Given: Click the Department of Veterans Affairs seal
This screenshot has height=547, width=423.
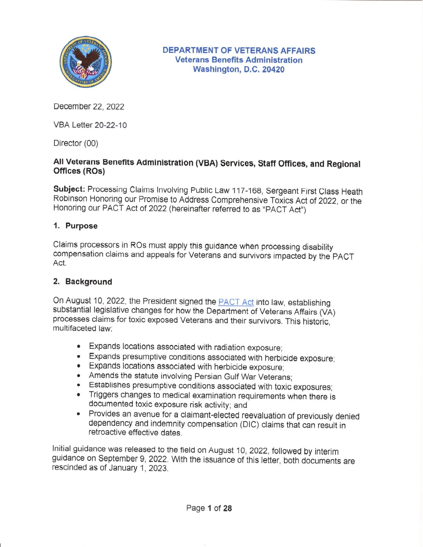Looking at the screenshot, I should click(x=85, y=61).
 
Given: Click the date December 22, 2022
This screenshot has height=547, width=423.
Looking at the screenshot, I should click(x=89, y=106).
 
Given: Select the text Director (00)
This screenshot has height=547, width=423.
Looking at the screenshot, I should click(x=76, y=143).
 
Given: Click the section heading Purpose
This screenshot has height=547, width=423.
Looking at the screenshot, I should click(x=81, y=226).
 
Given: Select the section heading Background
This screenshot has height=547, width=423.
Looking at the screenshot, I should click(x=89, y=282).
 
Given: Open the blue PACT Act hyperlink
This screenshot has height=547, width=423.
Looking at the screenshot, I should click(x=236, y=302).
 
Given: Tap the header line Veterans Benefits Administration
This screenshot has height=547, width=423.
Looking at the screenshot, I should click(x=239, y=60).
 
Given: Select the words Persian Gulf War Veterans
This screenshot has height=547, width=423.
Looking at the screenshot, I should click(x=242, y=377).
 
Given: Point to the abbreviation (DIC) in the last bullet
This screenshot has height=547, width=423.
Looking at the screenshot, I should click(x=249, y=424).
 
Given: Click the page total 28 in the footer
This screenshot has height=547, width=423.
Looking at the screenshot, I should click(x=227, y=508).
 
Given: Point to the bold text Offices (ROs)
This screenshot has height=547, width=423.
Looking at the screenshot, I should click(x=79, y=171).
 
